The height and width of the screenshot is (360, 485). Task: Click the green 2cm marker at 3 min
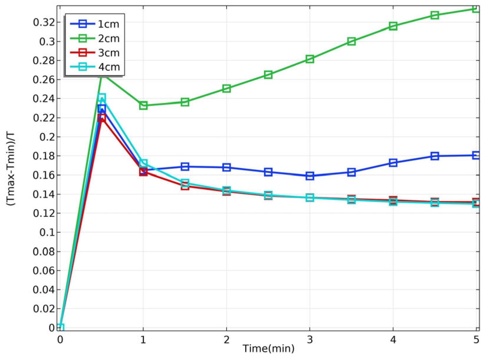[310, 59]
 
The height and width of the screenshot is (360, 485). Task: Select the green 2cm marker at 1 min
[143, 105]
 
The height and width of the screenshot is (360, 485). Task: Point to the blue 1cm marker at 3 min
[310, 176]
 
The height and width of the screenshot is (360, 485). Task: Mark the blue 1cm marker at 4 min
[393, 163]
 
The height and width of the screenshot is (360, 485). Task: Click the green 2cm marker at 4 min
[393, 26]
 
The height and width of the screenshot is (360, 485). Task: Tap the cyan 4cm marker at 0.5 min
[102, 97]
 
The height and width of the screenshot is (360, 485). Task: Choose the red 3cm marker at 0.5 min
[102, 118]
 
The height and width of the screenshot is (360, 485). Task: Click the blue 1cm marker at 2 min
[226, 167]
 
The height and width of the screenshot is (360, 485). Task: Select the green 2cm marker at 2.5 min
[268, 75]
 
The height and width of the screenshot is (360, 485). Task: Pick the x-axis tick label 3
[310, 340]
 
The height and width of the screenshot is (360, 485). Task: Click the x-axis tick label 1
[143, 340]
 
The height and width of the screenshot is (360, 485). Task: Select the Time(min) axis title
[268, 349]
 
